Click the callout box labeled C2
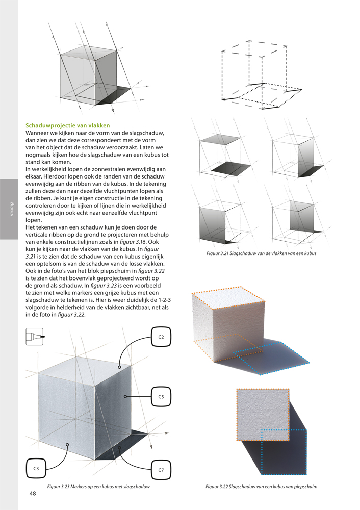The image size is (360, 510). click(x=161, y=337)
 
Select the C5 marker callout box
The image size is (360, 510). click(x=161, y=396)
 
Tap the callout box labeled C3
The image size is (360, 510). click(x=37, y=468)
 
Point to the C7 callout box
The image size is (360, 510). click(x=161, y=469)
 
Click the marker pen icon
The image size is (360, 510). click(x=34, y=337)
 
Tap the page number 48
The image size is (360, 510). click(x=33, y=494)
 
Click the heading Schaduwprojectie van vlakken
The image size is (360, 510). click(x=68, y=125)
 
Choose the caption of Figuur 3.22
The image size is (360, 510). click(x=261, y=486)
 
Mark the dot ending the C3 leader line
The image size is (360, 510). click(x=68, y=445)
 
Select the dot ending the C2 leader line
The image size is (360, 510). click(x=119, y=366)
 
